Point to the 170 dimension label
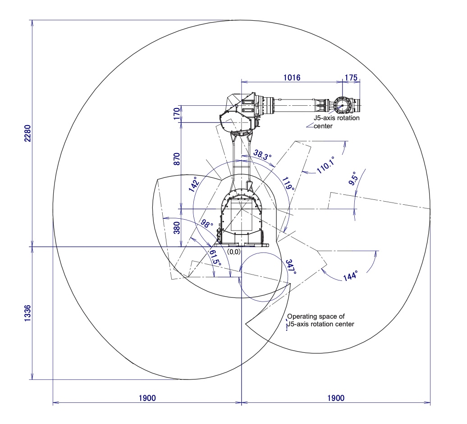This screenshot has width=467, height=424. tap(177, 114)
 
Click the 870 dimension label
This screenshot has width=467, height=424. tap(177, 160)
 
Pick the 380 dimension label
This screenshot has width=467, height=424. tap(177, 229)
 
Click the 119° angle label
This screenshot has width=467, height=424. tap(288, 184)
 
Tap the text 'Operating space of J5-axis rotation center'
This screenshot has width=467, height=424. tap(320, 320)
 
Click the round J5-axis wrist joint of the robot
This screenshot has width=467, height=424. tap(342, 106)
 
